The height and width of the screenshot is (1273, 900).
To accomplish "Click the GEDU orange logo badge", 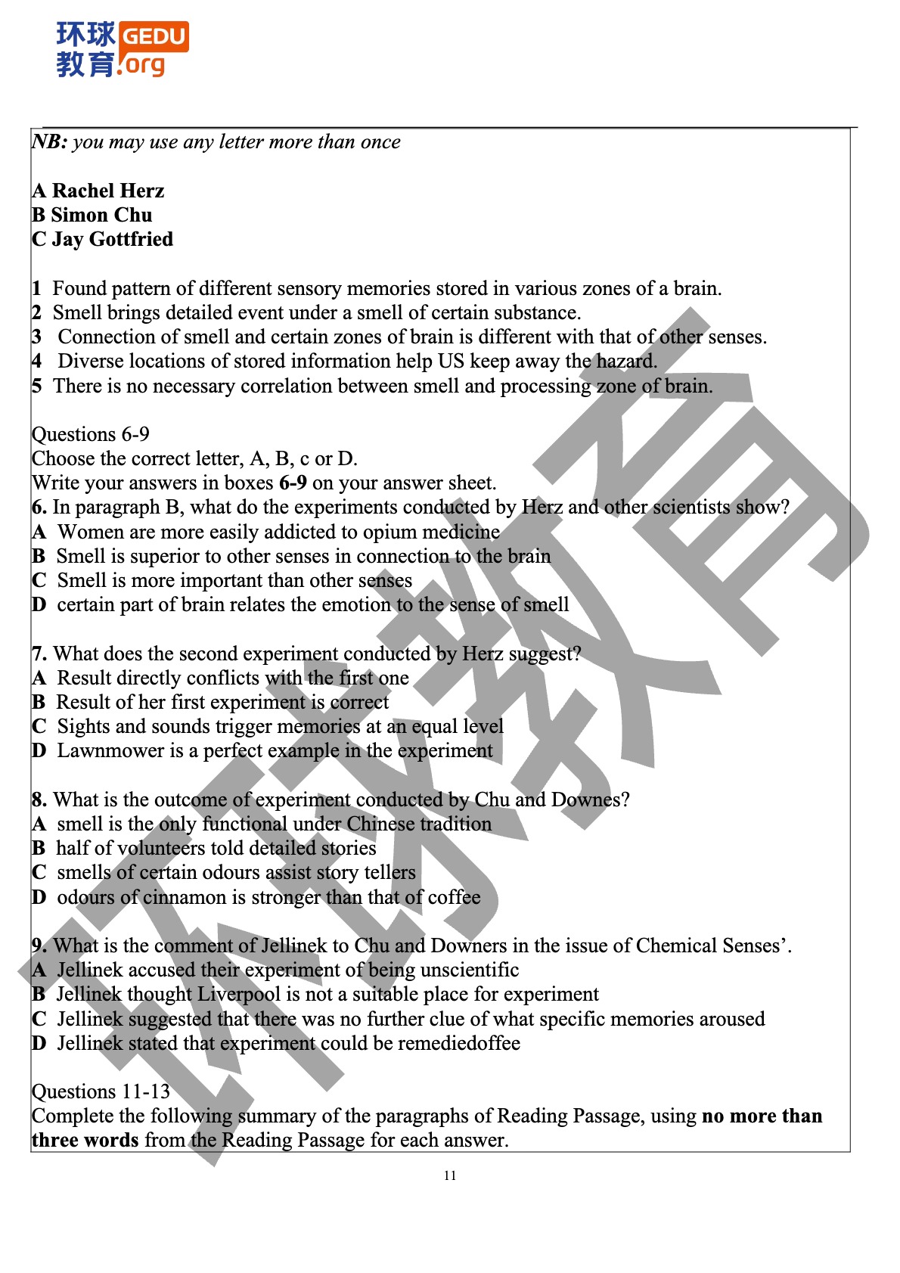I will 154,36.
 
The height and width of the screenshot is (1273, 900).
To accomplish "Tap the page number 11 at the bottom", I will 450,1175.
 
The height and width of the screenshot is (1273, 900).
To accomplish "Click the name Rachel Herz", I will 107,191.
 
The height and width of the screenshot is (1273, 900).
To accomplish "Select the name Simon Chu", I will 101,215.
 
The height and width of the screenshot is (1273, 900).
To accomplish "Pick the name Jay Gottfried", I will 112,239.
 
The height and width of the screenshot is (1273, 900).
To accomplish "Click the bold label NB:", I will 50,142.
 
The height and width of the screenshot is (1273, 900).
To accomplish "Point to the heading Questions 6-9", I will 91,434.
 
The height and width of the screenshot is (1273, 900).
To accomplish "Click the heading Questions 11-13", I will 101,1091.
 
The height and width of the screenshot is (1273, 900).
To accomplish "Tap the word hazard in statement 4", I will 626,362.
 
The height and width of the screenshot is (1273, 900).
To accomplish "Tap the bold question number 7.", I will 39,654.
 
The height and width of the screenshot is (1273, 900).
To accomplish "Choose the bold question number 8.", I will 39,800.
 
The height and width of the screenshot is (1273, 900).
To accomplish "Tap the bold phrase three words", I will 85,1140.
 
